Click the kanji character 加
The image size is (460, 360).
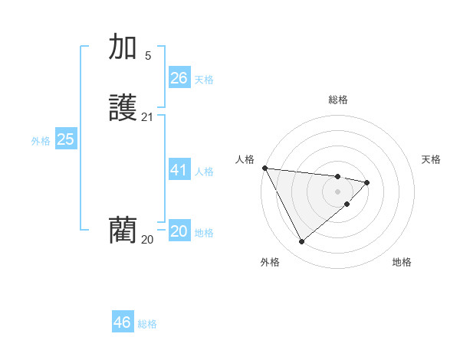pyautogui.click(x=123, y=47)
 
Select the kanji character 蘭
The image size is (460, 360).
pyautogui.click(x=123, y=230)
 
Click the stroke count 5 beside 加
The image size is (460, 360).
pyautogui.click(x=148, y=55)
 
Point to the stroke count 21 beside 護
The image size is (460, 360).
pyautogui.click(x=147, y=117)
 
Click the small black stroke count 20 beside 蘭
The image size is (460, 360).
pyautogui.click(x=147, y=240)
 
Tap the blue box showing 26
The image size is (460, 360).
pyautogui.click(x=179, y=78)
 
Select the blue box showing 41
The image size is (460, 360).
pyautogui.click(x=179, y=170)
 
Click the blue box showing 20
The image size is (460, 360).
pyautogui.click(x=179, y=231)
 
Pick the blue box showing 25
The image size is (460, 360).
pyautogui.click(x=66, y=139)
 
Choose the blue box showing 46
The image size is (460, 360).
pyautogui.click(x=123, y=322)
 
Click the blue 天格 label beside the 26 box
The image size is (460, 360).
pyautogui.click(x=204, y=80)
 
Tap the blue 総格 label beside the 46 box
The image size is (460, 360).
pyautogui.click(x=147, y=324)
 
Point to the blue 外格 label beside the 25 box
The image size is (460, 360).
pyautogui.click(x=41, y=141)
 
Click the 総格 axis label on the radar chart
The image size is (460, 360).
pyautogui.click(x=338, y=100)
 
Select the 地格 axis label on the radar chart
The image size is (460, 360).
pyautogui.click(x=402, y=262)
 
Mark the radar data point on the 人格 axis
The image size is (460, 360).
pyautogui.click(x=264, y=168)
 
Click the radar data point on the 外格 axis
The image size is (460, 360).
pyautogui.click(x=301, y=242)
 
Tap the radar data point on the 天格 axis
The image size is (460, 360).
pyautogui.click(x=367, y=182)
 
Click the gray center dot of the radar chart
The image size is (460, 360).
pyautogui.click(x=338, y=191)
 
